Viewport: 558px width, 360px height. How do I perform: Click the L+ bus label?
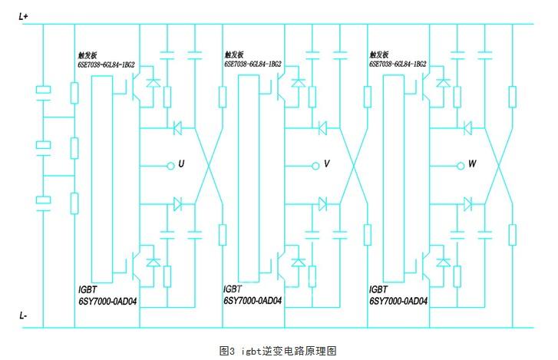point(23,16)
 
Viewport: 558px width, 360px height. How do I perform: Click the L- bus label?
point(23,316)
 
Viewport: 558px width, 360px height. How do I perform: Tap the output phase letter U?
point(181,164)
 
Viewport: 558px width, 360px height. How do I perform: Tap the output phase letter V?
point(326,164)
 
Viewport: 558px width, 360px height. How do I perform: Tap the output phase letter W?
point(471,164)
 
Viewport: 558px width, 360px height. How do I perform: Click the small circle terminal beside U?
point(169,164)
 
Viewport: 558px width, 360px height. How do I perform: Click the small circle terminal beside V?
point(314,164)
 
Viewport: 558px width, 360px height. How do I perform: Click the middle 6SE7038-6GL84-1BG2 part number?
point(253,65)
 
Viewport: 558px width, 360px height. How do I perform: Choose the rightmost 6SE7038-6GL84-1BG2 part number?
point(398,65)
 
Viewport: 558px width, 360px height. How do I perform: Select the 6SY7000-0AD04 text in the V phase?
point(253,301)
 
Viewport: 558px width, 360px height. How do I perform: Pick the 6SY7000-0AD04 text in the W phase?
point(398,301)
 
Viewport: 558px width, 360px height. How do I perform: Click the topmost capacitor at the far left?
point(44,91)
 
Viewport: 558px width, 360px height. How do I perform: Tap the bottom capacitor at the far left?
point(44,200)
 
